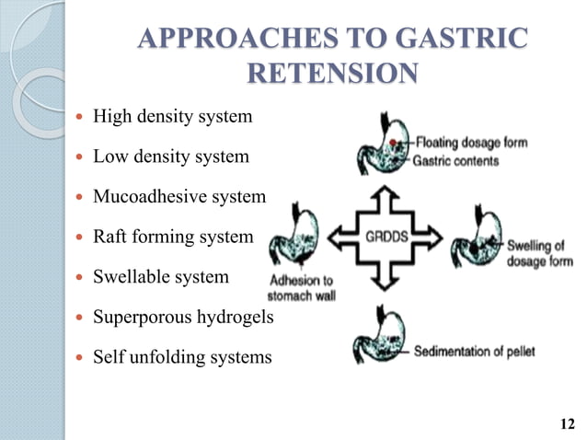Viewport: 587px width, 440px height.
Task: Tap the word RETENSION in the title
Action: [333, 73]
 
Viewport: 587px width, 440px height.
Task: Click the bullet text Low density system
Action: [171, 156]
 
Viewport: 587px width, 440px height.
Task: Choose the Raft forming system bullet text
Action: [173, 237]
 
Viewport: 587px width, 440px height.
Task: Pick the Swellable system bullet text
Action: [161, 276]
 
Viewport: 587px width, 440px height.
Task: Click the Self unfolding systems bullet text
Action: [182, 356]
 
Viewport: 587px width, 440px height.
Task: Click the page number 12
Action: [567, 423]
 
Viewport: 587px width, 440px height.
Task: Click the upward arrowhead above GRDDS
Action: [385, 196]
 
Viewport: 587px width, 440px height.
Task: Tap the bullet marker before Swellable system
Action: [81, 277]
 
